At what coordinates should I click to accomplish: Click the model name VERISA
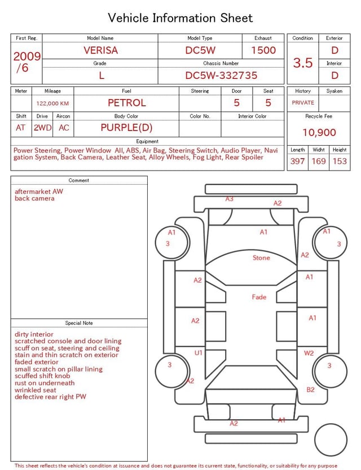point(100,50)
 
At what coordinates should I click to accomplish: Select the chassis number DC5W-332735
point(221,75)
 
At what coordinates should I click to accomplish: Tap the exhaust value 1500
point(263,50)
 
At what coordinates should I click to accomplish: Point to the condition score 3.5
point(303,63)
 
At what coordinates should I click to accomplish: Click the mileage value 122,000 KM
point(52,104)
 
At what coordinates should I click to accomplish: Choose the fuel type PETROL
point(127,103)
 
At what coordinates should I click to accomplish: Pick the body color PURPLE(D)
point(126,128)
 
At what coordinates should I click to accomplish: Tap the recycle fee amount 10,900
point(319,132)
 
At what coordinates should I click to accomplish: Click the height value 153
point(340,161)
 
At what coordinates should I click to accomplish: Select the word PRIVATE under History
point(303,102)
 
